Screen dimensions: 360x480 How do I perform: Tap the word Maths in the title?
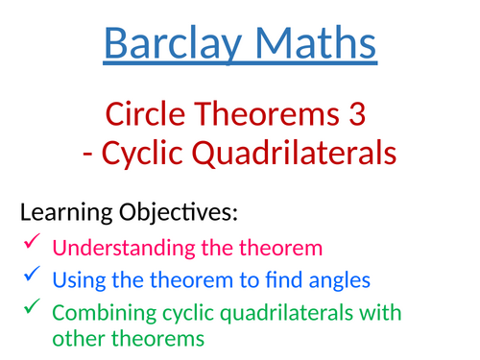coord(307,43)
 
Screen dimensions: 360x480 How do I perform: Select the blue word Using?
coord(77,280)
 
